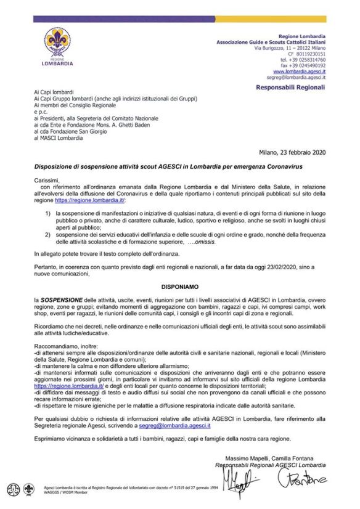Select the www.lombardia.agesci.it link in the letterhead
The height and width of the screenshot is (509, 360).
(x=300, y=71)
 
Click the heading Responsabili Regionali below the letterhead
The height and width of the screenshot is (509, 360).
(x=290, y=88)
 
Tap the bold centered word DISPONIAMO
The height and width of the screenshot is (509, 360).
(x=180, y=287)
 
